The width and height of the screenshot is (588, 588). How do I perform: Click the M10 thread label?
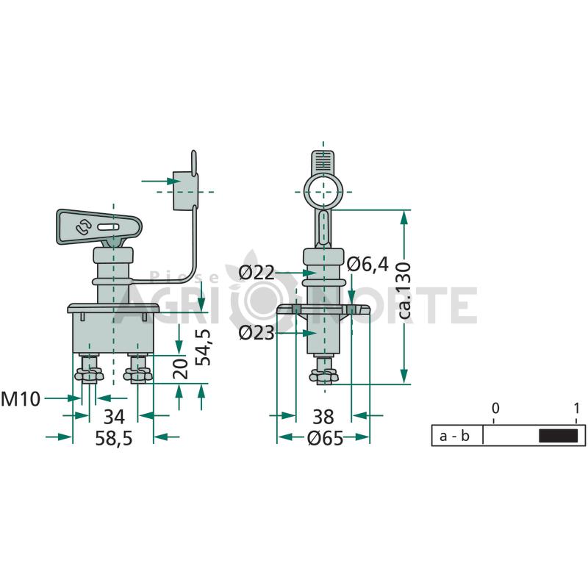pos(21,399)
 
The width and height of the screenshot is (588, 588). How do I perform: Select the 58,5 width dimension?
pos(114,438)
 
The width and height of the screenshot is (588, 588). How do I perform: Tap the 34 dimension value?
pos(114,417)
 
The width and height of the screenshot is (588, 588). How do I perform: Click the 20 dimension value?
pos(181,369)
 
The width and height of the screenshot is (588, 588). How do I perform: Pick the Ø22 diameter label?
pos(257,273)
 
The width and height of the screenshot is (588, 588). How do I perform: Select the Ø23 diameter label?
pos(257,333)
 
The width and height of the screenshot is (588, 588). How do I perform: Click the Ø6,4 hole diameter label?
pos(368,265)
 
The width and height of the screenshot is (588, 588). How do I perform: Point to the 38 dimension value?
pos(323,417)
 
